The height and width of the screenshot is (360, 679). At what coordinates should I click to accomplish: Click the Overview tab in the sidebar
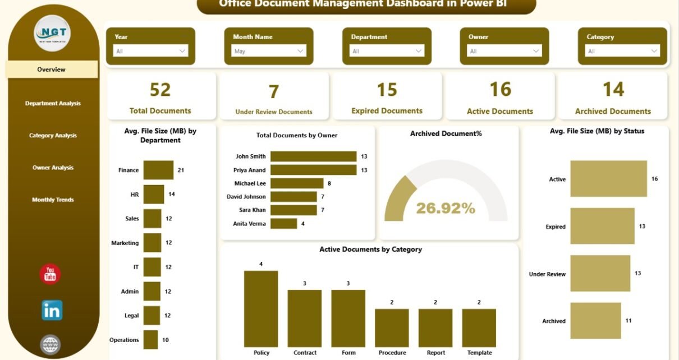(52, 70)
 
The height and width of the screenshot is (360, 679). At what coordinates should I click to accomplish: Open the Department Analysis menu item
(53, 103)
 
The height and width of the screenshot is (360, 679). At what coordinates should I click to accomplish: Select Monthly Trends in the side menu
(53, 200)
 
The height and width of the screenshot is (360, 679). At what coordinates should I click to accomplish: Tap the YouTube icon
(51, 274)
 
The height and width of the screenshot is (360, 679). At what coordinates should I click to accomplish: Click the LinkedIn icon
(52, 310)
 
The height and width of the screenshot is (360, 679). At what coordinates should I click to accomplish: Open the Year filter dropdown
(151, 50)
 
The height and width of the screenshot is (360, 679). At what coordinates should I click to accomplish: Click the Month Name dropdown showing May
(269, 50)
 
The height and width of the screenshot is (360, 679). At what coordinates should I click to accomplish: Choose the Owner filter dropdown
(504, 50)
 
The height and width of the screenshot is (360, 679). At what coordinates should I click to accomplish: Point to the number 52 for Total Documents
(160, 90)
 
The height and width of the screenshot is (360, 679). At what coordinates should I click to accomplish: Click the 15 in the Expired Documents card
(387, 90)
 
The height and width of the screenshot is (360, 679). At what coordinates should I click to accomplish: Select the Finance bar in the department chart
(158, 170)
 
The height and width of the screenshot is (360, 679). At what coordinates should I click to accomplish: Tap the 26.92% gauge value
(446, 209)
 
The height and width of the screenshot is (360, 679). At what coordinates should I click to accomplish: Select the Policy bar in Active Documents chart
(261, 308)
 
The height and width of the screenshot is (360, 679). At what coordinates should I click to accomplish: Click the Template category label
(479, 353)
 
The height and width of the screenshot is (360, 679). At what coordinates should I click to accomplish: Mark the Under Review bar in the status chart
(600, 274)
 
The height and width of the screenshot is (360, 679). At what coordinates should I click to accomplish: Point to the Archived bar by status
(595, 321)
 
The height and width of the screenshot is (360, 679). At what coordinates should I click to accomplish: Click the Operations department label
(124, 340)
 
